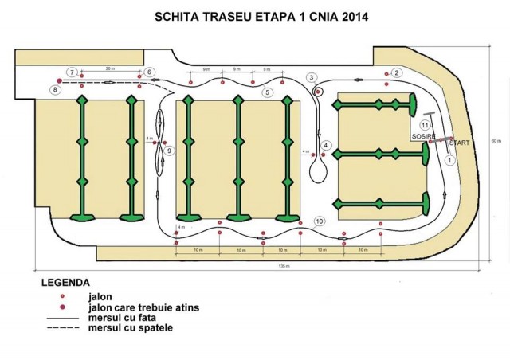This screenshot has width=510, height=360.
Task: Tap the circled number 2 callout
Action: pyautogui.click(x=396, y=73)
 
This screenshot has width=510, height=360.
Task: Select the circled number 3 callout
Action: pyautogui.click(x=312, y=76)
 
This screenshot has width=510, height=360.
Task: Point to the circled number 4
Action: pyautogui.click(x=326, y=145)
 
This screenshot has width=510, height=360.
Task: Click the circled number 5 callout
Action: pyautogui.click(x=269, y=92)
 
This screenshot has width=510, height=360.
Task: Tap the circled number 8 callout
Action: pyautogui.click(x=54, y=90)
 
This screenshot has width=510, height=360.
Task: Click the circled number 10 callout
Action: pyautogui.click(x=320, y=221)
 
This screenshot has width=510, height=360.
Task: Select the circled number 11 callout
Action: pyautogui.click(x=426, y=125)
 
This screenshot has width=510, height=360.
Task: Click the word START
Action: pyautogui.click(x=461, y=142)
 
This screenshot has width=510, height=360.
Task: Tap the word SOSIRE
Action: pyautogui.click(x=422, y=137)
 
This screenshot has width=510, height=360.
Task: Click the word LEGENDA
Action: pyautogui.click(x=65, y=283)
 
